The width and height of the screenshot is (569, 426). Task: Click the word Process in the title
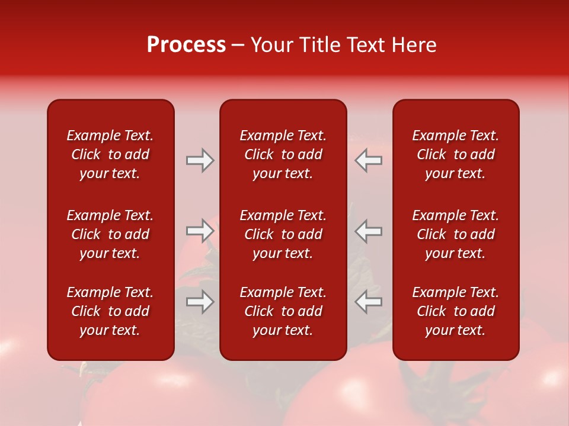pos(186,45)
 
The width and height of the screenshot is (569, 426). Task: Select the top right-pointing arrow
pos(200,160)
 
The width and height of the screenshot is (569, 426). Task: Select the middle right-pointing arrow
pos(200,231)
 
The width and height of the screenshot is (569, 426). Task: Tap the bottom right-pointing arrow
pos(200,302)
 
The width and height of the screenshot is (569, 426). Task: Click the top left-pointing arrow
pos(368,160)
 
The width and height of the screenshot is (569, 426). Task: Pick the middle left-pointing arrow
pos(368,231)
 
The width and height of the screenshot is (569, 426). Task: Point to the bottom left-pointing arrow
pos(368,302)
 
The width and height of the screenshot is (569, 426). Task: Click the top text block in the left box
pos(110,154)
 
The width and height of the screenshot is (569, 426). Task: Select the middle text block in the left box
pos(110,234)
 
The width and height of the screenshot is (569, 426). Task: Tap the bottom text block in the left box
pos(110,311)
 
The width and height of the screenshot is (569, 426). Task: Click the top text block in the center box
pos(283,154)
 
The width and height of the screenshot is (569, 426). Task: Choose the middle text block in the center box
pos(283,234)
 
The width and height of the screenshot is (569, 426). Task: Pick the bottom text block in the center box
pos(283,311)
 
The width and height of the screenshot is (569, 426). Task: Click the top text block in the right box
pos(455,154)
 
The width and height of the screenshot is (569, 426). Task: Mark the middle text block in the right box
pos(455,234)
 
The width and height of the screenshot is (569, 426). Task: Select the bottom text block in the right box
pos(455,311)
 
